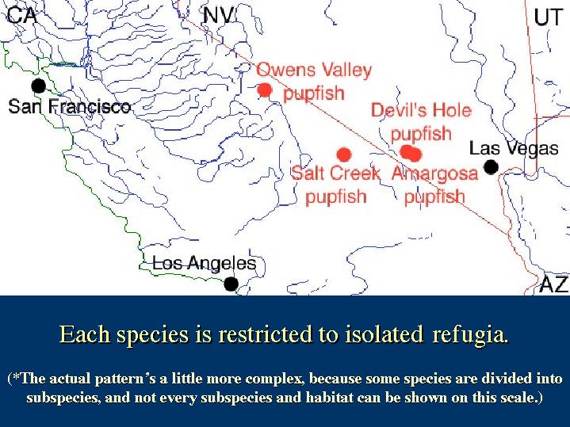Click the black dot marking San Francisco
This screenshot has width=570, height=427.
point(39,86)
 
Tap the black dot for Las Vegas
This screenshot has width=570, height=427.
point(491,167)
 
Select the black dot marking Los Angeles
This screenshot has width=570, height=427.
point(231,284)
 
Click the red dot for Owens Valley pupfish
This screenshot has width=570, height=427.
point(265,90)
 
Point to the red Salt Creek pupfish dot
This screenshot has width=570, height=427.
point(343,154)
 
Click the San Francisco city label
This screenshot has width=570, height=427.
point(70,106)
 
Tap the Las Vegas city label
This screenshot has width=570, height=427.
point(514,148)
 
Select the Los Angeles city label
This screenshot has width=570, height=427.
point(205,263)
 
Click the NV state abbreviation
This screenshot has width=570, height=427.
point(220,16)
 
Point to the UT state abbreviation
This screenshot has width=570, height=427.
point(548,17)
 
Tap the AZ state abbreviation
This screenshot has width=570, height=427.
point(553,284)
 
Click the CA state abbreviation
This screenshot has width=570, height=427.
point(22,16)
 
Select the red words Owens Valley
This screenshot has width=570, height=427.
point(314,70)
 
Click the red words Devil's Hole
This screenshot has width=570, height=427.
point(421,110)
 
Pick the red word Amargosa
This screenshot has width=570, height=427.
point(434,173)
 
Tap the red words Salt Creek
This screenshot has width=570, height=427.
point(335,173)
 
